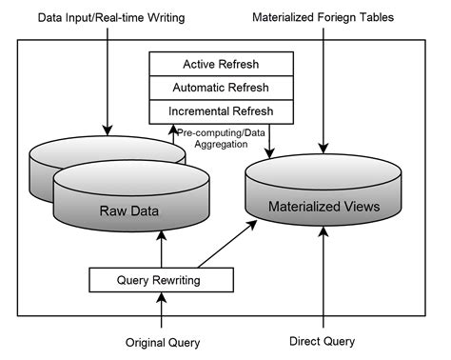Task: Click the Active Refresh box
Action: coord(220,65)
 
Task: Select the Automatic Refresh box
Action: coord(220,88)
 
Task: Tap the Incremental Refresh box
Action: coord(220,110)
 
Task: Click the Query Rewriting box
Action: coord(161,280)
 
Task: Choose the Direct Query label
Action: coord(322,340)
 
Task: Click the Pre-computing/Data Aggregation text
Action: coord(221,138)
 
